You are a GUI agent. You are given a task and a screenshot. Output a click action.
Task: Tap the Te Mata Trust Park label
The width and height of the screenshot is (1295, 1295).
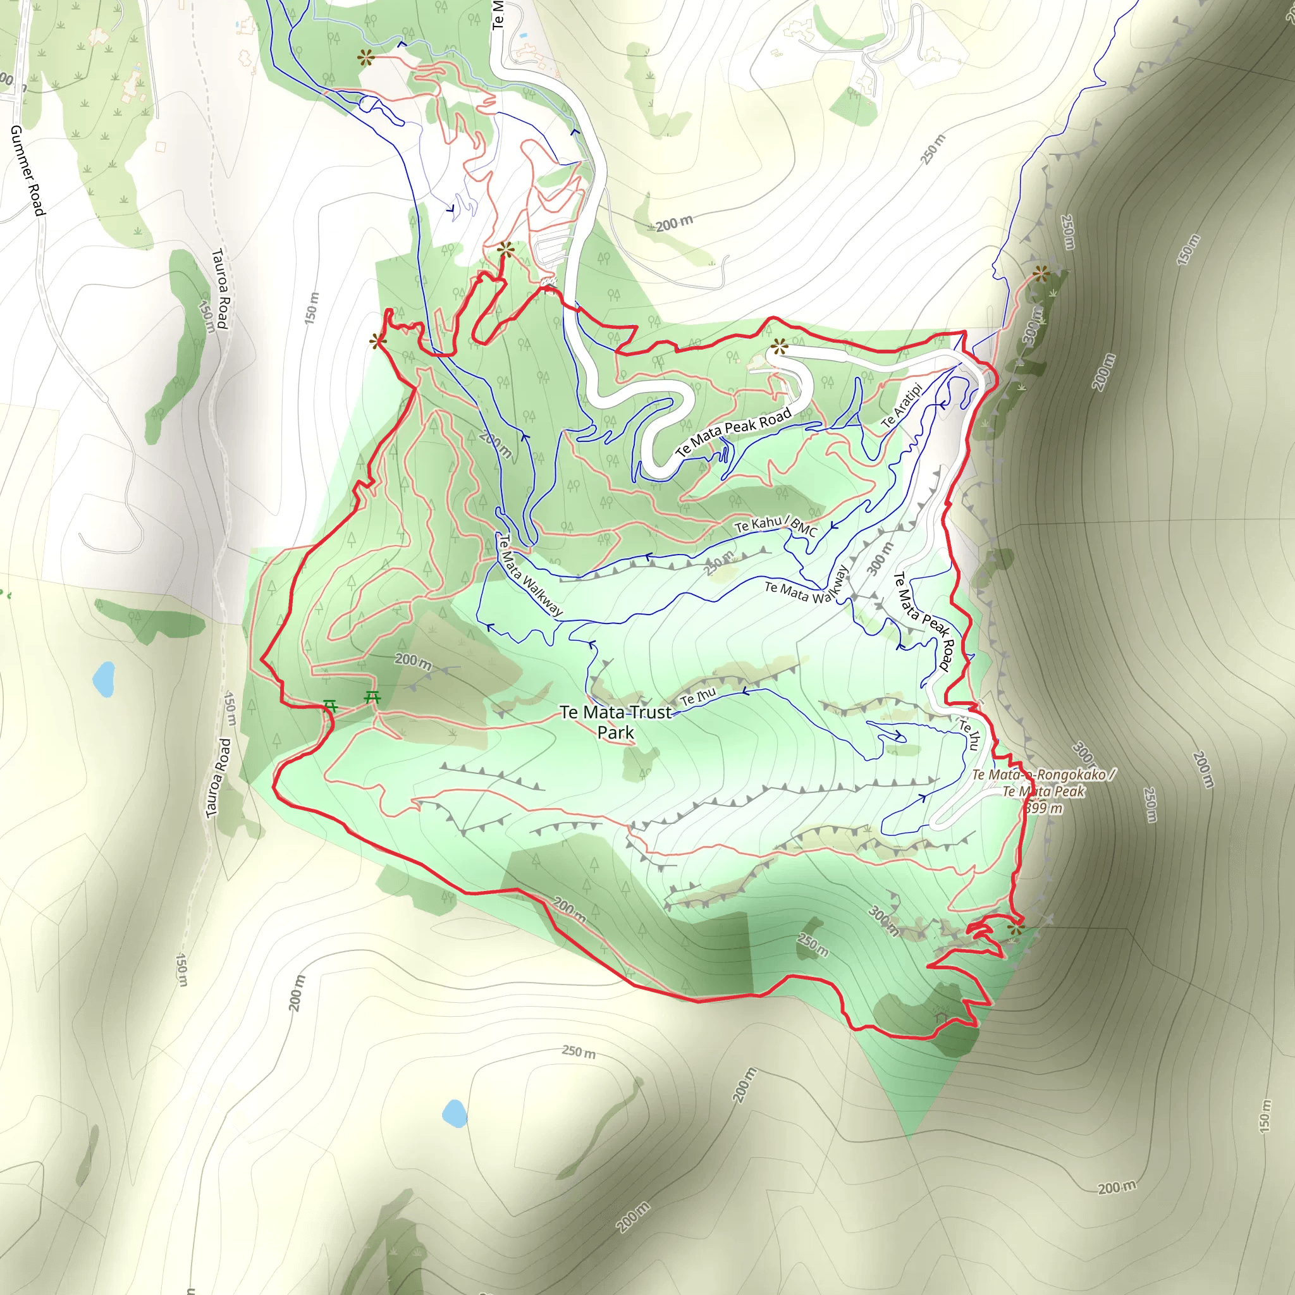point(615,722)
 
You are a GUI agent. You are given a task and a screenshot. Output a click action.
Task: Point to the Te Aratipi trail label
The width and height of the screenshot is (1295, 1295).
point(902,405)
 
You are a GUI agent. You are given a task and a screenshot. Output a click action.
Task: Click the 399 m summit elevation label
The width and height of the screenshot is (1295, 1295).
point(1043,807)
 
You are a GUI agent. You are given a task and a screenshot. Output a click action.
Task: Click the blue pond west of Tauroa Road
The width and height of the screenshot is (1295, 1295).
point(104,678)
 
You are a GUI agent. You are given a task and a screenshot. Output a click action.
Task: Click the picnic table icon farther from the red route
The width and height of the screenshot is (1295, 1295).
point(372,698)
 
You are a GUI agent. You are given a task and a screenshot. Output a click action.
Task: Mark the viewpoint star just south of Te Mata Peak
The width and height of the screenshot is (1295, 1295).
point(1016,929)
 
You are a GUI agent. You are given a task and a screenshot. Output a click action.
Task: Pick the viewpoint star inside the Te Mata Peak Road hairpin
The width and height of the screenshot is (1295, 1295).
point(779,347)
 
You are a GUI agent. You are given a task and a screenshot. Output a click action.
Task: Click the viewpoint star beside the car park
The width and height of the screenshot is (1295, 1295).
point(506,250)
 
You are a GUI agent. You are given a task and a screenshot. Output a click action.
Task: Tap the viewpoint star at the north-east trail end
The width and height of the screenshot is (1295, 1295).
point(1040,273)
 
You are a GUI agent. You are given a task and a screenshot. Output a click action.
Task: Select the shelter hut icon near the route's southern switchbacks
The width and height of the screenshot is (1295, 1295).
point(942,1017)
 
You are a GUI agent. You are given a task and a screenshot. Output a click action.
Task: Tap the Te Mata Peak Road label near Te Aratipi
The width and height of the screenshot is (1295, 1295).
point(733,433)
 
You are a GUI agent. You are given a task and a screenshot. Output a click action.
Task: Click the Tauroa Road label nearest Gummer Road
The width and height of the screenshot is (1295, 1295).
point(221,288)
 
